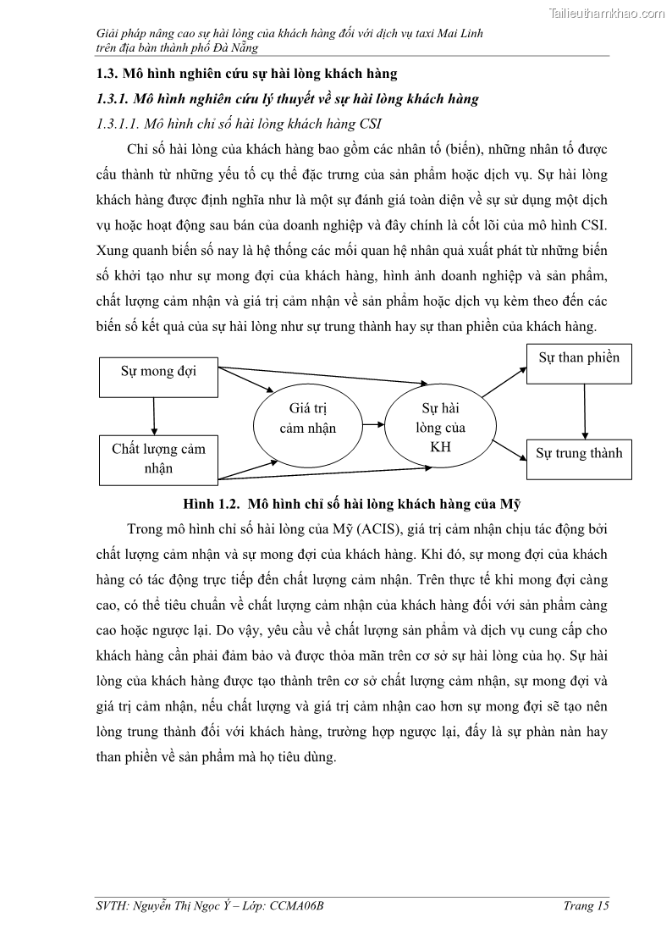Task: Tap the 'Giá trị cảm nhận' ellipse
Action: (x=307, y=419)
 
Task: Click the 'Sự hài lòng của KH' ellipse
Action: (x=440, y=428)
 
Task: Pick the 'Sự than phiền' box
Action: (x=579, y=364)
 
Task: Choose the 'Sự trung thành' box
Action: (x=579, y=460)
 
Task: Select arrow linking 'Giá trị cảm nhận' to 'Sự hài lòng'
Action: (x=373, y=421)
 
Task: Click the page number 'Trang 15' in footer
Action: (x=587, y=905)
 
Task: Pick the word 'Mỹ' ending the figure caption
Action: (x=511, y=504)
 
